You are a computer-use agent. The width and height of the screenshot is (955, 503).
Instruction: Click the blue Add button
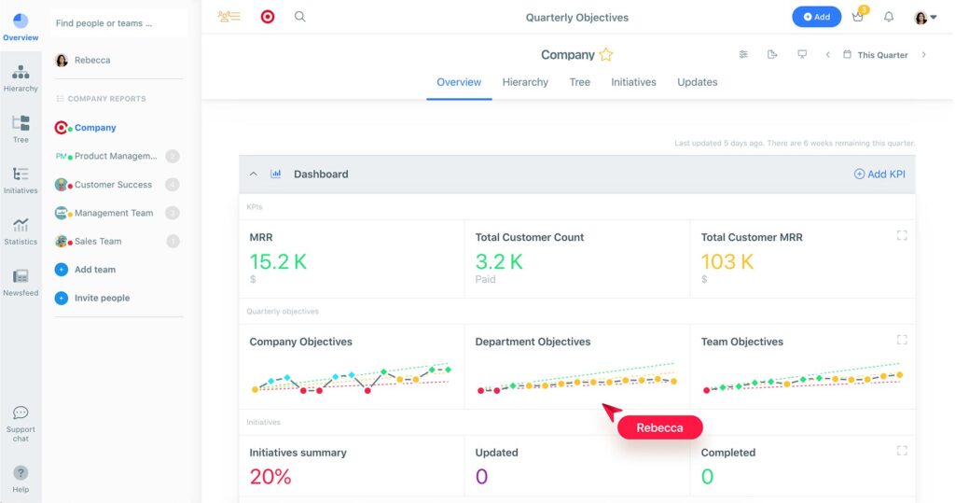[x=816, y=17]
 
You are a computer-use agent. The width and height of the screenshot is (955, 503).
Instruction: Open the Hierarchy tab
[x=525, y=82]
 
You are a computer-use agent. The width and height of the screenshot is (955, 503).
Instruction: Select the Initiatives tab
[x=633, y=82]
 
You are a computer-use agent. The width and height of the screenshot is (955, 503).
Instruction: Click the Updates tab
[x=697, y=82]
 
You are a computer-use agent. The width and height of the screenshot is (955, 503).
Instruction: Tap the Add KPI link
[x=879, y=175]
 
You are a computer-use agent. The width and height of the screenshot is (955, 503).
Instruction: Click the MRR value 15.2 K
[x=278, y=262]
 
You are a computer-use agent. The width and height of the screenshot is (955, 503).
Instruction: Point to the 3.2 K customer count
[x=499, y=262]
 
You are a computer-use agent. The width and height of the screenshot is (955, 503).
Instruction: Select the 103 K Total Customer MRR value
[x=727, y=262]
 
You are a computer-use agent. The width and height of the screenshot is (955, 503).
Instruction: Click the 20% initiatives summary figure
[x=270, y=477]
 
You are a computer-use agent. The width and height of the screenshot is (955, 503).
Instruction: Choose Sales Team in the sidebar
[x=98, y=242]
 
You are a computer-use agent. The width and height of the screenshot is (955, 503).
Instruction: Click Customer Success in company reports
[x=113, y=185]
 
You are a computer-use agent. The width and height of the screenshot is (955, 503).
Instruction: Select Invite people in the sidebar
[x=102, y=299]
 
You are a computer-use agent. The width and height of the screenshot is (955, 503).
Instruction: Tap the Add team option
[x=95, y=270]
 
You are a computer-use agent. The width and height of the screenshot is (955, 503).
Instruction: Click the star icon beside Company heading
[x=606, y=55]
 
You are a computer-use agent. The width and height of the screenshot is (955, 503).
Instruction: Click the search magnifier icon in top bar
[x=299, y=17]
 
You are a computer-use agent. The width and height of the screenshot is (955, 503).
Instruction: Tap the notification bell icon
[x=889, y=17]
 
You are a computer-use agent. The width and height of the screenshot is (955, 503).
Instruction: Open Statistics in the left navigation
[x=21, y=231]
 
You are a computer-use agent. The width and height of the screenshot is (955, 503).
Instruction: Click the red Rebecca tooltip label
[x=659, y=427]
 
